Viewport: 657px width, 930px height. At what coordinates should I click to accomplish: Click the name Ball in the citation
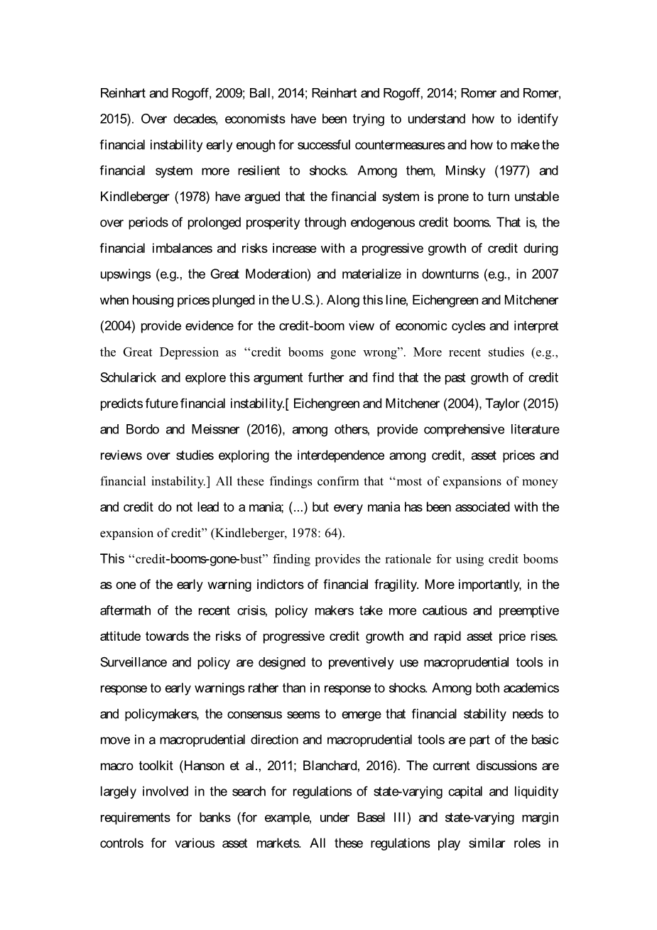point(259,93)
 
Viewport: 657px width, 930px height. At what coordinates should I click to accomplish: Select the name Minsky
point(466,171)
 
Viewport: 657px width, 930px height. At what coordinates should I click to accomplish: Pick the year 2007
point(545,274)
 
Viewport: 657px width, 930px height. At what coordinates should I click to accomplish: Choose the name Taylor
point(506,404)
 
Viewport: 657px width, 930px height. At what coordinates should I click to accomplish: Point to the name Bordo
point(143,430)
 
